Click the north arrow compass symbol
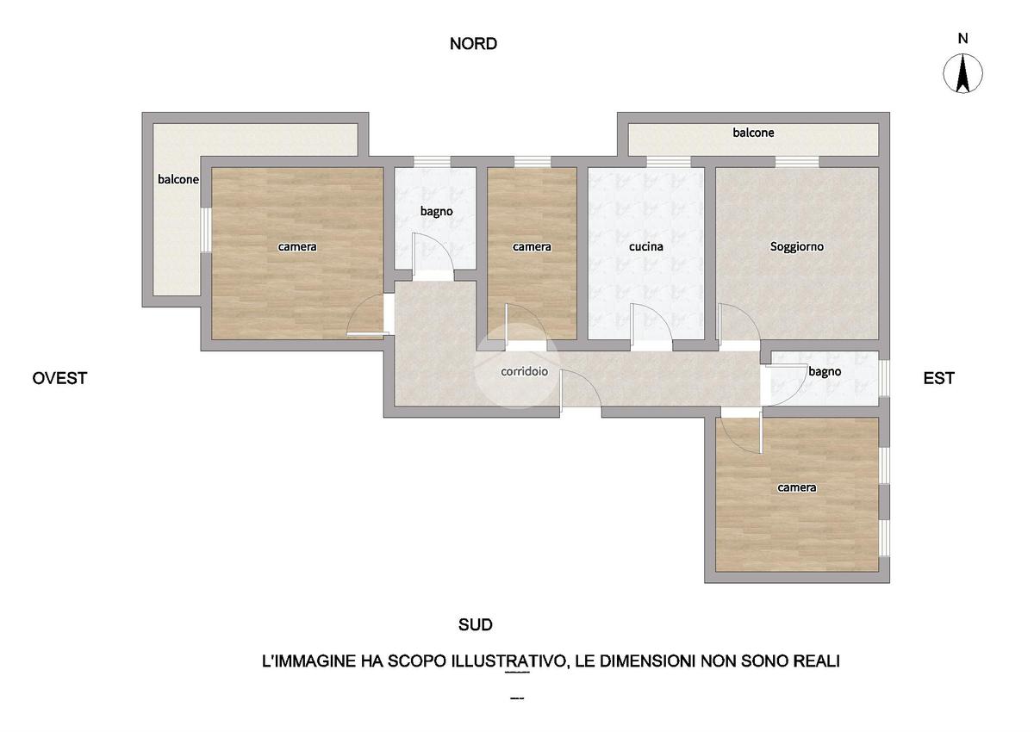[962, 73]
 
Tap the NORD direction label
[473, 44]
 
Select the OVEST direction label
[59, 378]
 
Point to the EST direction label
[938, 378]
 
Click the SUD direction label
[475, 624]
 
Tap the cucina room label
[645, 247]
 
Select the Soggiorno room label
[797, 247]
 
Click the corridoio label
[525, 371]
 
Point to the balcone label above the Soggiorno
[753, 133]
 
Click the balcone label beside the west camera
[178, 179]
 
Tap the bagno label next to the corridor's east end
[825, 372]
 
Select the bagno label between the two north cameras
[436, 212]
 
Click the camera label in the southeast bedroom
[797, 487]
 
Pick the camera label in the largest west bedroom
[296, 247]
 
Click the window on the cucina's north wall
[669, 162]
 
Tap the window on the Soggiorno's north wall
[797, 162]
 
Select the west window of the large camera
[206, 230]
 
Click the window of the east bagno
[884, 378]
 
